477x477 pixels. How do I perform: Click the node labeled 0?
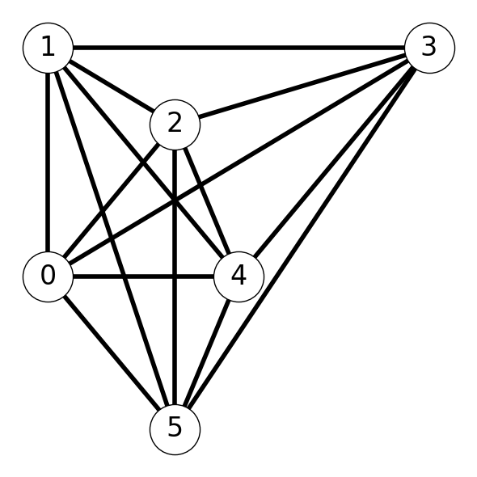coord(48,276)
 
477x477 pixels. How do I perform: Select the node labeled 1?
coord(48,48)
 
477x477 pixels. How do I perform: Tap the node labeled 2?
coord(175,125)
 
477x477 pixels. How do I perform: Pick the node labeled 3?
coord(429,48)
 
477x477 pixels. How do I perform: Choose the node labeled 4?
coord(238,276)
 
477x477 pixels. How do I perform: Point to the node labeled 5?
coord(175,429)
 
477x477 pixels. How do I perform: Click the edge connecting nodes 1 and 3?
coord(238,48)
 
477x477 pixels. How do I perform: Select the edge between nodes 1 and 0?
coord(48,163)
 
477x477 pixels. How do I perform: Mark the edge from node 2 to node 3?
coord(302,86)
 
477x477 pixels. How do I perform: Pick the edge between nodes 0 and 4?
coord(143,276)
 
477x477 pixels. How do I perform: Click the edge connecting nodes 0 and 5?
coord(112,352)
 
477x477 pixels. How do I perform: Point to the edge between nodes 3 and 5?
coord(302,238)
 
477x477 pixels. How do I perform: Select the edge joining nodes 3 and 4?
coord(334,163)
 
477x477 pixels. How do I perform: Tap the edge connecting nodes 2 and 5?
coord(175,276)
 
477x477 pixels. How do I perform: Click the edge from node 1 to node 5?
coord(112,238)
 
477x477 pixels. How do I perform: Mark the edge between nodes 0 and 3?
coord(238,163)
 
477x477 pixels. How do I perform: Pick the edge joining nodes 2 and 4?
coord(207,201)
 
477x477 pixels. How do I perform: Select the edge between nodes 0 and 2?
coord(112,201)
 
